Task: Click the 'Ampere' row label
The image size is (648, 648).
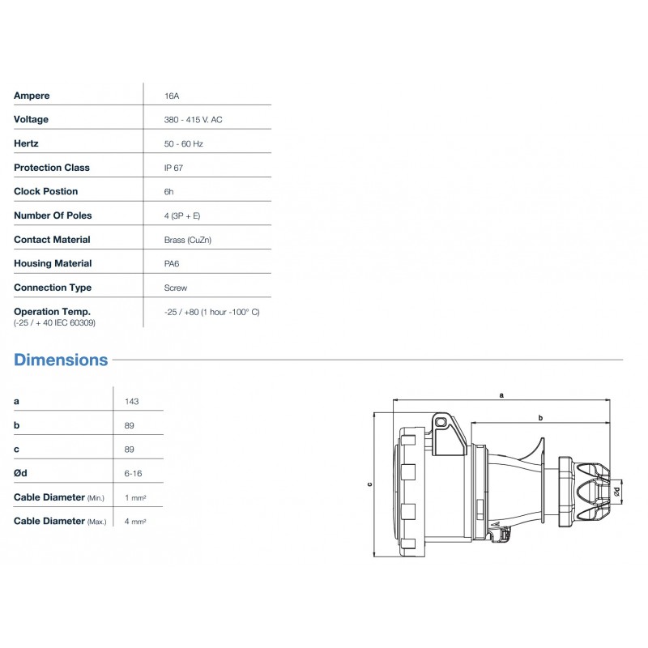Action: (32, 96)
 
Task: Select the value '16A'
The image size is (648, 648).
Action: (171, 96)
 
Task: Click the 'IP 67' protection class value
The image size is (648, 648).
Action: (173, 168)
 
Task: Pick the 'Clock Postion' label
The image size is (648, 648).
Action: (46, 192)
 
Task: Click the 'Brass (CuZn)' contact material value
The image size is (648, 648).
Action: (188, 240)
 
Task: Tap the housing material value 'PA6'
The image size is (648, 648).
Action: (172, 263)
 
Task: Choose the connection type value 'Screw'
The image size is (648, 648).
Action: (175, 288)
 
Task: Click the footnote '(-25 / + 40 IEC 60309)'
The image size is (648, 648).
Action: (53, 322)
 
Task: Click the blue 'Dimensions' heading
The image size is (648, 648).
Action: (61, 360)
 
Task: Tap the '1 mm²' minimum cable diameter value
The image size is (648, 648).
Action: (135, 497)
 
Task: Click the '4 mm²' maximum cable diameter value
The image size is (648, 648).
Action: (135, 521)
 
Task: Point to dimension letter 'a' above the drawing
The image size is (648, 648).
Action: (501, 395)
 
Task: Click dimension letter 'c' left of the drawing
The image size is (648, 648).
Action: (369, 484)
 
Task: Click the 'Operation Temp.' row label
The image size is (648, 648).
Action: (52, 311)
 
